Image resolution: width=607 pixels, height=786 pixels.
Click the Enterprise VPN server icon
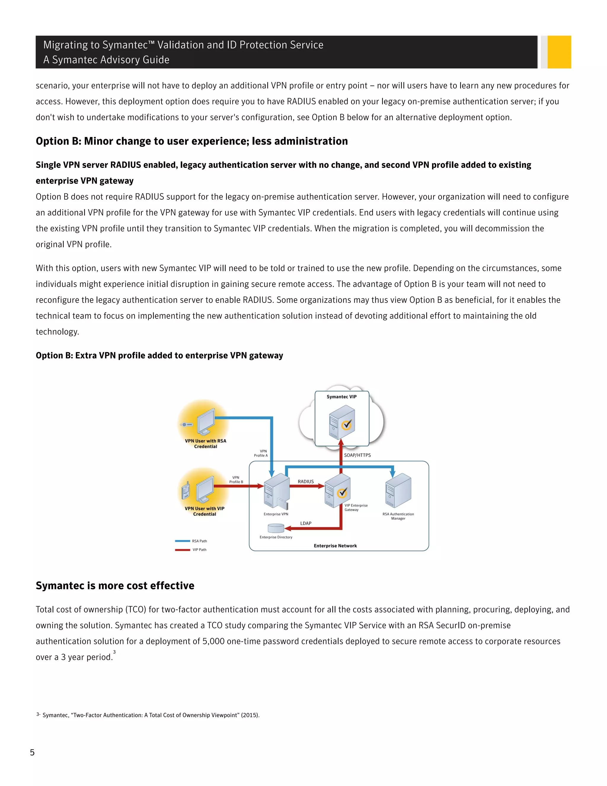click(x=276, y=491)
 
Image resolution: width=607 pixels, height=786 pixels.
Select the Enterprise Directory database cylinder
click(x=276, y=528)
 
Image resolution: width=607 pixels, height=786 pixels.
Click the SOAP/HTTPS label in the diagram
click(x=357, y=455)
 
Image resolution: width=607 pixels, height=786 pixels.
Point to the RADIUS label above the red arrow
click(x=306, y=481)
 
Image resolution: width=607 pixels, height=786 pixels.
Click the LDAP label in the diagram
click(x=306, y=523)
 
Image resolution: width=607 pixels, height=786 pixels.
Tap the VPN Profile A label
click(x=261, y=453)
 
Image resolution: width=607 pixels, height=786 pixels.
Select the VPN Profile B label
click(x=236, y=479)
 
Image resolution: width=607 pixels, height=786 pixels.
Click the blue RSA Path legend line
click(x=182, y=540)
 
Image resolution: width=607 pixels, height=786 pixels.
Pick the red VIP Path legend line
click(x=182, y=550)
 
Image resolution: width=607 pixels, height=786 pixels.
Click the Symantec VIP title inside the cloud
click(x=341, y=397)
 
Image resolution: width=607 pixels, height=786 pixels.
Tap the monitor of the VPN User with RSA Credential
click(x=206, y=421)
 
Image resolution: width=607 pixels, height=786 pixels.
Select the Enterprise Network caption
click(x=335, y=545)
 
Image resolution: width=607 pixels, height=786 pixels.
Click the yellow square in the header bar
click(x=559, y=52)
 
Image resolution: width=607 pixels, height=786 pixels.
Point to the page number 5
click(x=32, y=752)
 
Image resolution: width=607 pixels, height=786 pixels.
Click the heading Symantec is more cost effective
click(x=115, y=585)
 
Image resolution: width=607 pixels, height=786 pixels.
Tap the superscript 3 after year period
click(x=114, y=652)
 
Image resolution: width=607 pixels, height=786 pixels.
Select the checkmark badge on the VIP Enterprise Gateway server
click(x=342, y=492)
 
